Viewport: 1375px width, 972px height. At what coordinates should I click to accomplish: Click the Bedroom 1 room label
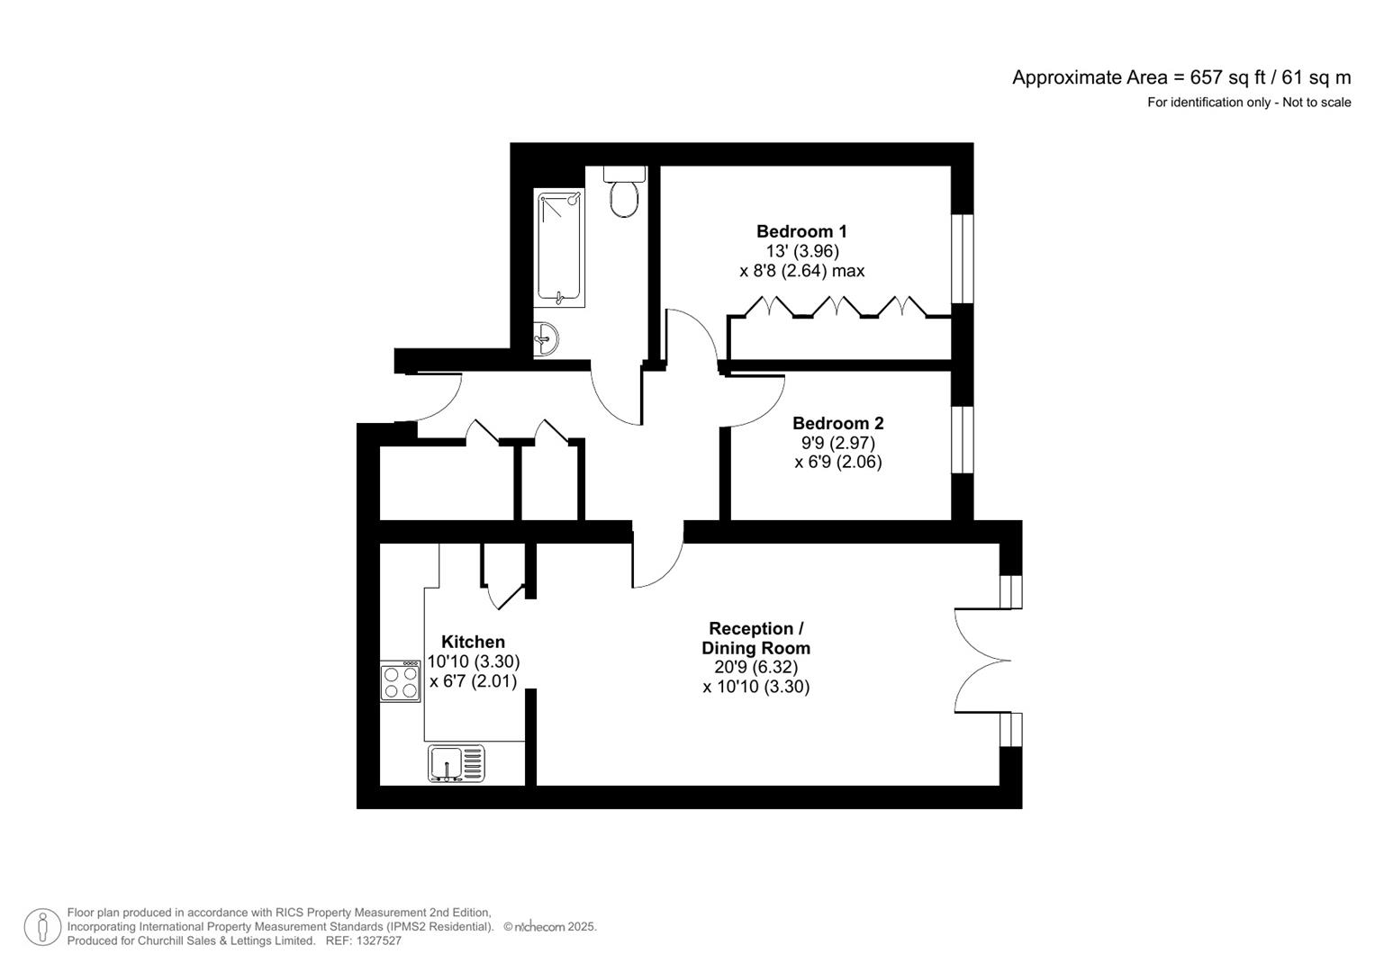click(801, 231)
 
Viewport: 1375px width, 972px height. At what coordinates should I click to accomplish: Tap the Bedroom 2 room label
click(837, 423)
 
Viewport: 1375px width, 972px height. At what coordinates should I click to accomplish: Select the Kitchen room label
click(473, 642)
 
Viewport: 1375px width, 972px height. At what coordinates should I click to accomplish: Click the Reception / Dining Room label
click(755, 638)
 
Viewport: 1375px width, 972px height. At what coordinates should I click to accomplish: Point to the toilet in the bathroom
click(623, 193)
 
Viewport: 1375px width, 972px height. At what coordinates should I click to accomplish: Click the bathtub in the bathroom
click(560, 247)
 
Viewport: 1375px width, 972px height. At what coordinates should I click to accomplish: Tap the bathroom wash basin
click(546, 339)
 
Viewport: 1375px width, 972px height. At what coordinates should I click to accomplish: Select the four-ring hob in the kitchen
click(401, 681)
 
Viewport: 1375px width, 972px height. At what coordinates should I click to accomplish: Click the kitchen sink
click(456, 763)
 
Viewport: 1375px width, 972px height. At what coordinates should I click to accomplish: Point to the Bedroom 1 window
click(963, 258)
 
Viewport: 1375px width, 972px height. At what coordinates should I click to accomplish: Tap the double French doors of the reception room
click(981, 661)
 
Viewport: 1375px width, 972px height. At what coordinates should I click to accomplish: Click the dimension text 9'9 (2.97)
click(837, 443)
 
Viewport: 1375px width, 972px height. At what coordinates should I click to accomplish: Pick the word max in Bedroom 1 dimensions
click(848, 271)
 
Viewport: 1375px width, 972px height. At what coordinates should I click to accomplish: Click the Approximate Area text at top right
click(1181, 77)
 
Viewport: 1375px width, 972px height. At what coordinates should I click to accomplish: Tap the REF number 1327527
click(381, 940)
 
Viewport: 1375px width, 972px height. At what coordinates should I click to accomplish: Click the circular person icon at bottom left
click(42, 927)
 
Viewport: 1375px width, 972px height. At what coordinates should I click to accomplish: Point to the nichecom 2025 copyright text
click(549, 927)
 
